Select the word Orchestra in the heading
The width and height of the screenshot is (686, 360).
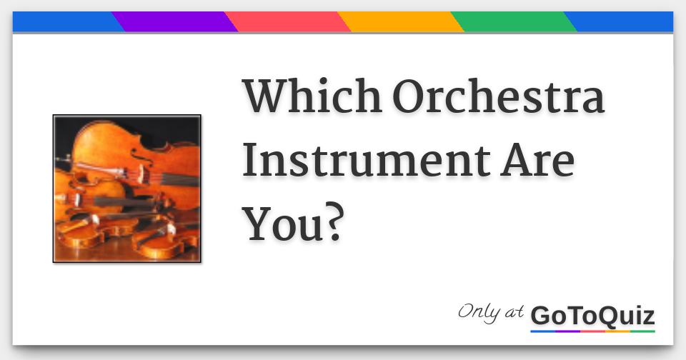498,97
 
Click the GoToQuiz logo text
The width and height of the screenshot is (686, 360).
592,315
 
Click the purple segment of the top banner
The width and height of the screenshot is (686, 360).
175,22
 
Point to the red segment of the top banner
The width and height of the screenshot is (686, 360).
288,22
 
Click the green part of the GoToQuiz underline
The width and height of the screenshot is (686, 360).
642,331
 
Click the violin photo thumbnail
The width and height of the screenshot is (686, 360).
126,189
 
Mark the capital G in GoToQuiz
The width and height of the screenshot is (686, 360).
541,315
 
